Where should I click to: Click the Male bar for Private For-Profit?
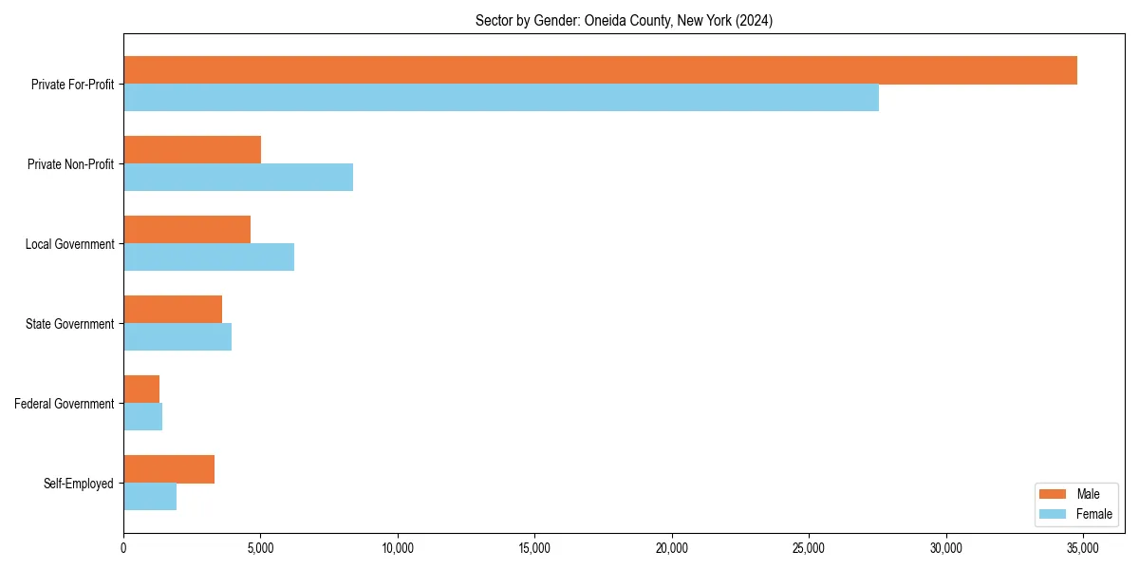[x=600, y=70]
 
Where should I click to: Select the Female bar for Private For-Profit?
[x=501, y=98]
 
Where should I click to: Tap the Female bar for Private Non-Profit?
[x=238, y=178]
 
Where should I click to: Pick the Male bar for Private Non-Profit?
[x=192, y=150]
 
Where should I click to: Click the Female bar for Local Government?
[x=209, y=257]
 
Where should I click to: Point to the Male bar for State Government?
[x=173, y=310]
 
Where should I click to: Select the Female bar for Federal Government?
[x=142, y=417]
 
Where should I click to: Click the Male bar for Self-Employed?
[x=169, y=469]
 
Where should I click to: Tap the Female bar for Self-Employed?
[x=150, y=497]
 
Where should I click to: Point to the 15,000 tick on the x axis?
[x=534, y=548]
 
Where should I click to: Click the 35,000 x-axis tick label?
[x=1083, y=548]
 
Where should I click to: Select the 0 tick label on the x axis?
[x=123, y=548]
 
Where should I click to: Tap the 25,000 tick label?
[x=809, y=548]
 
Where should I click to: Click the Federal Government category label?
[x=65, y=404]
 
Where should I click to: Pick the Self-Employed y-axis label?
[x=79, y=484]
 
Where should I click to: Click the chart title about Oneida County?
[x=624, y=21]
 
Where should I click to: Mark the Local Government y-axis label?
[x=69, y=244]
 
